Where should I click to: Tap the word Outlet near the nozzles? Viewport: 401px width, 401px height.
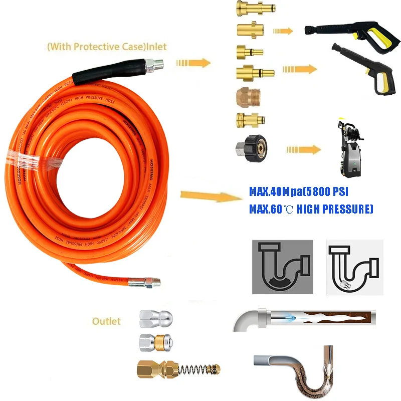coord(106,321)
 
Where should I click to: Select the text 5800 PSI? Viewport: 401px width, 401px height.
coord(327,192)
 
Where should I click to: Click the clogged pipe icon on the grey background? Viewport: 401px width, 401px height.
coord(282,267)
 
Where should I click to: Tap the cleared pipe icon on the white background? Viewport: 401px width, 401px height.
coord(354,267)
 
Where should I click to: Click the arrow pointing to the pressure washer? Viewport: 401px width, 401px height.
coord(303,149)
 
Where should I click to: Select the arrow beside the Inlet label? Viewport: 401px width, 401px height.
coord(192,63)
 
